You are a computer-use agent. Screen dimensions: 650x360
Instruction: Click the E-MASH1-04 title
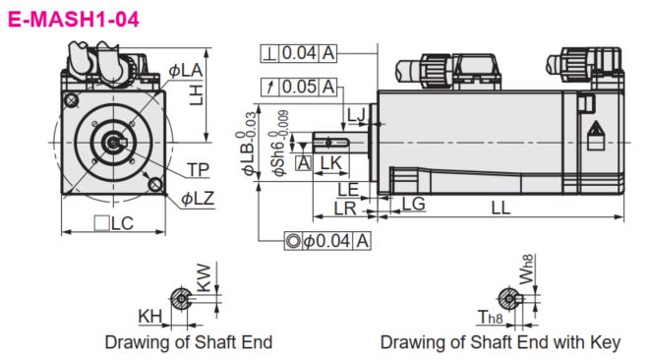click(74, 19)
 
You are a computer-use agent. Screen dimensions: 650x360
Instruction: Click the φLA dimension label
click(185, 71)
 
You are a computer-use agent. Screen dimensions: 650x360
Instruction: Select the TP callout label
click(199, 169)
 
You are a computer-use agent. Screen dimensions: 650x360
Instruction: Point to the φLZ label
click(198, 199)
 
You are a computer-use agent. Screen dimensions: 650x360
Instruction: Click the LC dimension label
click(114, 223)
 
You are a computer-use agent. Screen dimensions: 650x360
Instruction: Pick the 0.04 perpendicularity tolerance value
click(299, 53)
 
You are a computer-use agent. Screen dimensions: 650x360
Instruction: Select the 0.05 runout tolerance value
click(299, 87)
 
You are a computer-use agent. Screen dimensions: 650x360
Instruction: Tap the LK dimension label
click(331, 163)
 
